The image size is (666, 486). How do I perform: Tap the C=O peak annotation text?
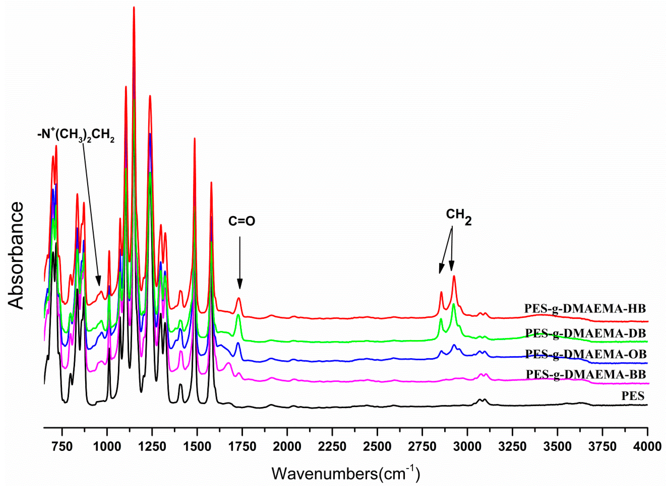pos(242,221)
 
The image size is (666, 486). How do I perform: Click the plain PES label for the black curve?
pos(633,396)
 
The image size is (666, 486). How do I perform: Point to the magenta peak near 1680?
pos(228,364)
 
